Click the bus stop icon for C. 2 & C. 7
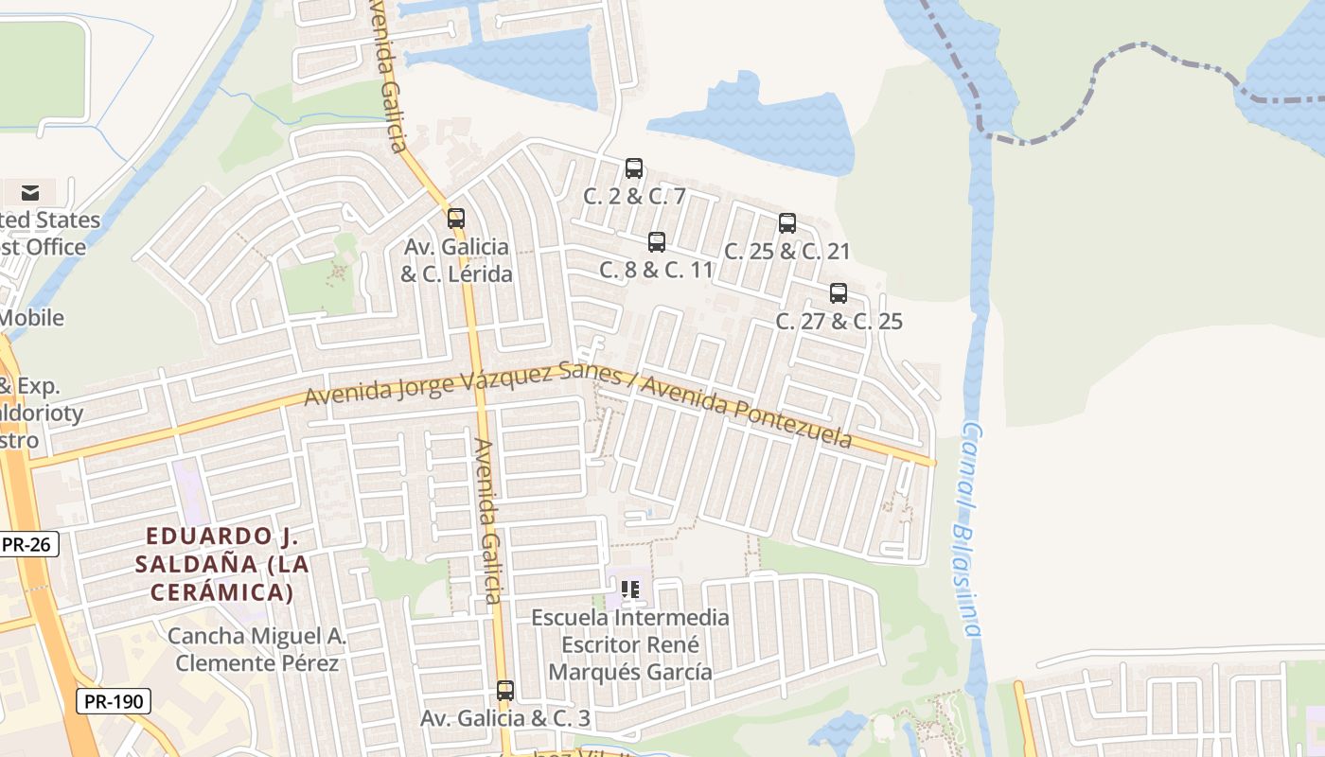point(634,168)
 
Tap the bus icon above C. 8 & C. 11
point(657,242)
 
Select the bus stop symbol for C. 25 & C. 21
point(787,223)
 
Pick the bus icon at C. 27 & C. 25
point(839,293)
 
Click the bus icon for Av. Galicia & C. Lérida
point(456,219)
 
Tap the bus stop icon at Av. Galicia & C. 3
point(505,691)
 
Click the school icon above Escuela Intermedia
point(630,590)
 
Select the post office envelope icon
point(30,193)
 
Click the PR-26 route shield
point(29,544)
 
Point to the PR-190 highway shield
point(113,701)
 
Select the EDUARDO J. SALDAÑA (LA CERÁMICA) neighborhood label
point(221,565)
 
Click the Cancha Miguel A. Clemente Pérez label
point(257,649)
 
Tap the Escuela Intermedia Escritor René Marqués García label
point(630,645)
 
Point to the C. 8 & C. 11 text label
point(656,270)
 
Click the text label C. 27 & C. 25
point(839,321)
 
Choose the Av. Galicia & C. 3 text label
point(505,718)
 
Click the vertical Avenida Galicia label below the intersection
point(487,520)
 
